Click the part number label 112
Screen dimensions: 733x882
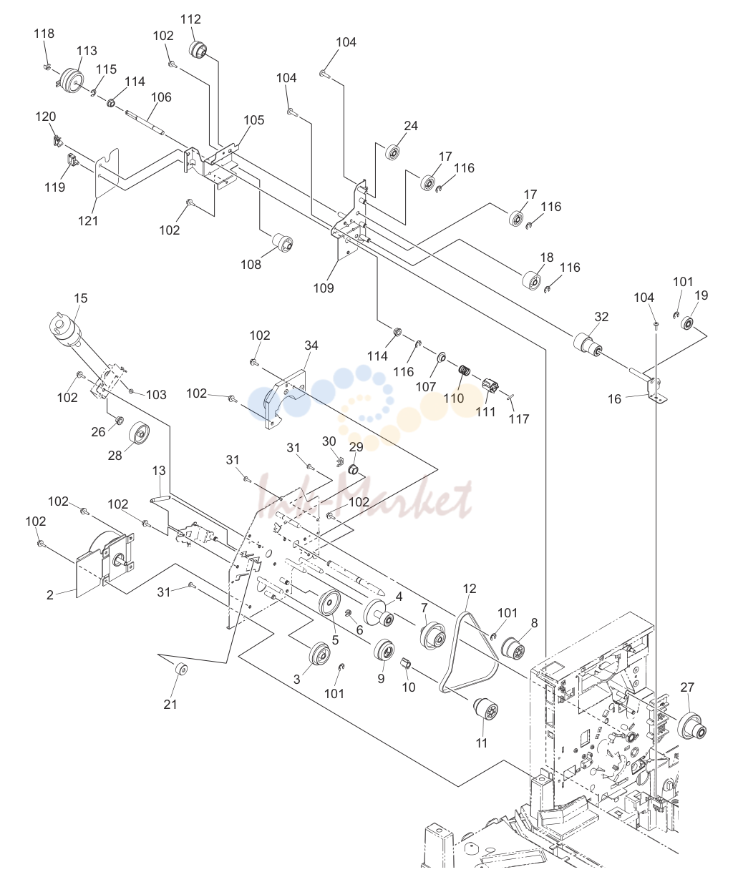click(x=190, y=19)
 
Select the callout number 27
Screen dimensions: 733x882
click(x=687, y=687)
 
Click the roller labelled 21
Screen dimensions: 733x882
click(x=181, y=670)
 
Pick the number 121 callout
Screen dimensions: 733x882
click(x=88, y=220)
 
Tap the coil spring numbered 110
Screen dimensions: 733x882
click(x=465, y=371)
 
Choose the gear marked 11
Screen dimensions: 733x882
click(x=486, y=710)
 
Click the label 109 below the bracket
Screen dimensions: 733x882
click(x=324, y=288)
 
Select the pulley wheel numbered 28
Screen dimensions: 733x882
click(x=140, y=433)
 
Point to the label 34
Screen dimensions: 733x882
click(x=311, y=346)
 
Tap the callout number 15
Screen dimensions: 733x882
click(x=81, y=298)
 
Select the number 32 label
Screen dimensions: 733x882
click(x=601, y=317)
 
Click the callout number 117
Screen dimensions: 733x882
click(x=519, y=419)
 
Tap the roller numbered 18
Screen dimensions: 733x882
click(x=532, y=280)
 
